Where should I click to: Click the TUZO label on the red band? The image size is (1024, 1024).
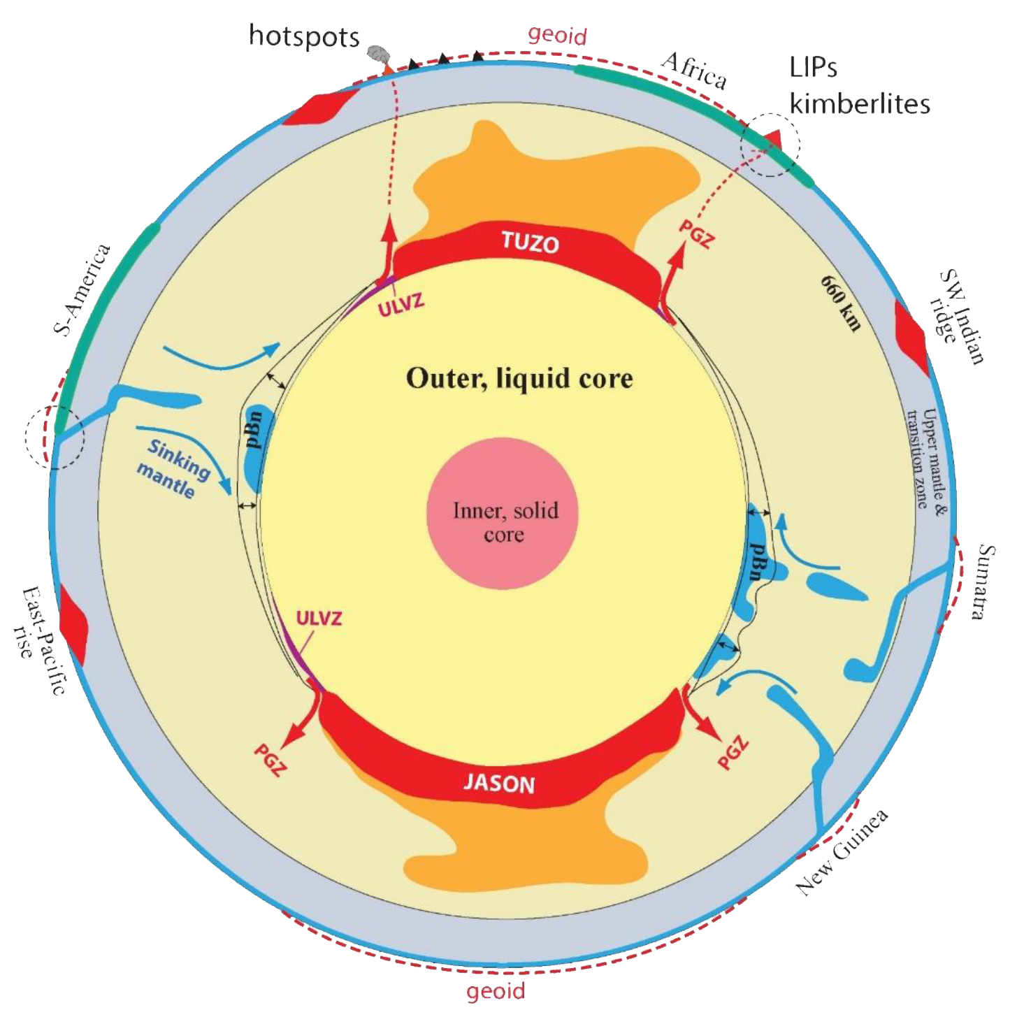[x=530, y=243]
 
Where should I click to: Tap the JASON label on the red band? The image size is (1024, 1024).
[x=499, y=783]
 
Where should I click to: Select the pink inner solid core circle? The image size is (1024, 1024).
[x=503, y=513]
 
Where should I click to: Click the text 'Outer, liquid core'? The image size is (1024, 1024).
[x=519, y=378]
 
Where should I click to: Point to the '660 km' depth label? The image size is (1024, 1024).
[x=841, y=303]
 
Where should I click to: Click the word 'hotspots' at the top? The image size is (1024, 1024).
[x=304, y=36]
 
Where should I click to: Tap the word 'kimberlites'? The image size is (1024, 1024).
[x=859, y=103]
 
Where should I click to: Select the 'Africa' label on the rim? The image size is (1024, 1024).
[x=695, y=70]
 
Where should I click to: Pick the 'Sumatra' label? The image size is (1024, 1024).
[x=983, y=582]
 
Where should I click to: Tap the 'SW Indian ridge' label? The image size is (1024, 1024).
[x=957, y=318]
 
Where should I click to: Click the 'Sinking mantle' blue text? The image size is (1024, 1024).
[x=173, y=468]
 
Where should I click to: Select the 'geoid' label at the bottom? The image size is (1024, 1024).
[x=496, y=990]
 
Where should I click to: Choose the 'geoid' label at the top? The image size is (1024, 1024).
[x=557, y=35]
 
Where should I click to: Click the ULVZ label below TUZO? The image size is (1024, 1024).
[x=401, y=305]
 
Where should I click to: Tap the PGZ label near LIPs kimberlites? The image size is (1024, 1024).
[x=697, y=234]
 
